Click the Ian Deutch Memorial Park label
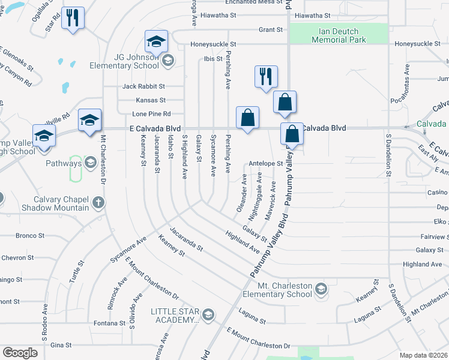[335, 35]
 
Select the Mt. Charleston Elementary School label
[278, 290]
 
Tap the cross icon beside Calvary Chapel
[98, 203]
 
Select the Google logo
[20, 353]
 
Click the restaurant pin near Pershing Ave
[266, 76]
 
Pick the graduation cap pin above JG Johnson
[156, 41]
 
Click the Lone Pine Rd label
[152, 113]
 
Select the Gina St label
[61, 345]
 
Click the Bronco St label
[26, 235]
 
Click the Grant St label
[270, 29]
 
